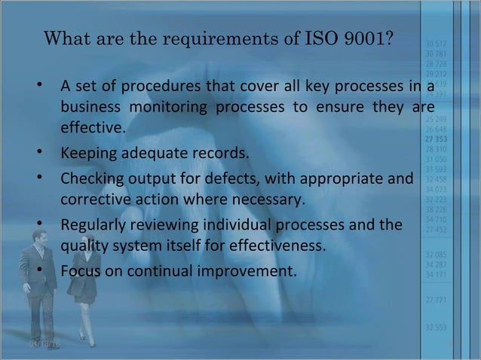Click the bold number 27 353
(435, 139)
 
